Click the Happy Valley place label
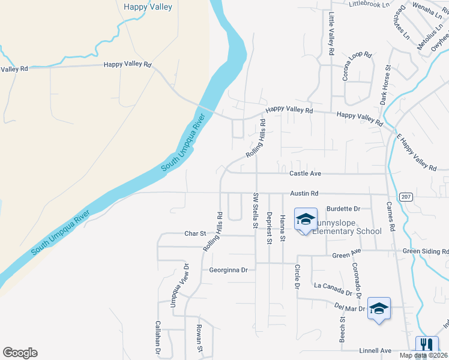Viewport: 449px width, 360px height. tap(148, 7)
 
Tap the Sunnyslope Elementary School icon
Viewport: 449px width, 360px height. tap(306, 220)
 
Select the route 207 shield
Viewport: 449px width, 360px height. tap(405, 197)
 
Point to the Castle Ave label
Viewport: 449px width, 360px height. tap(306, 173)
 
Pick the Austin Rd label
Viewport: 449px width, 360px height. tap(304, 194)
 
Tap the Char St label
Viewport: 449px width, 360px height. tap(195, 233)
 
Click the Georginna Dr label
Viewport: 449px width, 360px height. tap(228, 270)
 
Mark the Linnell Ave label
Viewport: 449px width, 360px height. tap(376, 350)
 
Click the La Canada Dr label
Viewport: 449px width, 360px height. tap(333, 289)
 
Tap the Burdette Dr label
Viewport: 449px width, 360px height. tap(343, 209)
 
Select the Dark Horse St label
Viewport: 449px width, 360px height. tap(384, 85)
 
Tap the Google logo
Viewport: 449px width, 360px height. tap(20, 353)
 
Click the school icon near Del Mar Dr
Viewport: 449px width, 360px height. tap(379, 308)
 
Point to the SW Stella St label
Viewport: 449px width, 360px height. tap(256, 209)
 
